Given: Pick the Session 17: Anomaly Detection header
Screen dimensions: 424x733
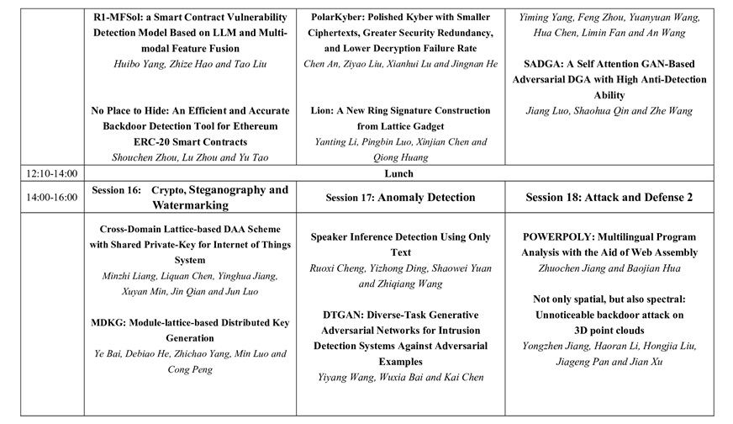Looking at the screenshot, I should point(400,198).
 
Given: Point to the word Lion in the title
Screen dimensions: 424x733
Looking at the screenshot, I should point(324,111).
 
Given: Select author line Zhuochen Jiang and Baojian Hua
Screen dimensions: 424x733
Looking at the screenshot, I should point(609,268).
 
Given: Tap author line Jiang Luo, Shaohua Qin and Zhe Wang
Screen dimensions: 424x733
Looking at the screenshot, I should point(609,110).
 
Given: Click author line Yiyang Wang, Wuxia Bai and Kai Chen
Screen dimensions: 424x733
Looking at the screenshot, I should point(400,377).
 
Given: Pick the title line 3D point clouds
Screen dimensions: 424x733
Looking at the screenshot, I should point(609,330).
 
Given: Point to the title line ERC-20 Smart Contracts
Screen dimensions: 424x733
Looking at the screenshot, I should point(189,141).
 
